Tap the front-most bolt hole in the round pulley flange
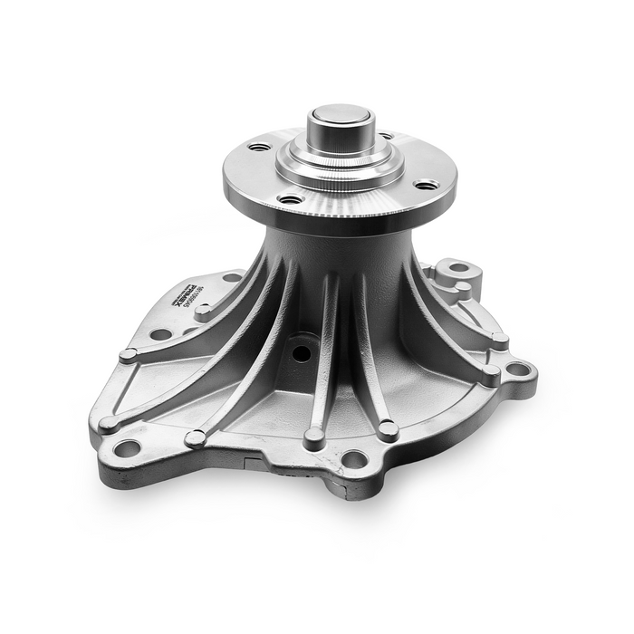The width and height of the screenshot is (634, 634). click(290, 199)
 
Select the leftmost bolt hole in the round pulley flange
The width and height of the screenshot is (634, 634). click(259, 147)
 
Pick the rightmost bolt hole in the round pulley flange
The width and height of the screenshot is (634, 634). click(426, 185)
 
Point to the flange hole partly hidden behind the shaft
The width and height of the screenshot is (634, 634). click(387, 136)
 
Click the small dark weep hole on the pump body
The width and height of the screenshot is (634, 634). click(301, 348)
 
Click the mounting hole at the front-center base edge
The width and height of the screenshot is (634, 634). click(353, 459)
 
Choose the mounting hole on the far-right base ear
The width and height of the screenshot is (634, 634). click(517, 369)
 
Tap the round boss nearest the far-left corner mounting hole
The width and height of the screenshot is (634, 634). click(109, 422)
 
